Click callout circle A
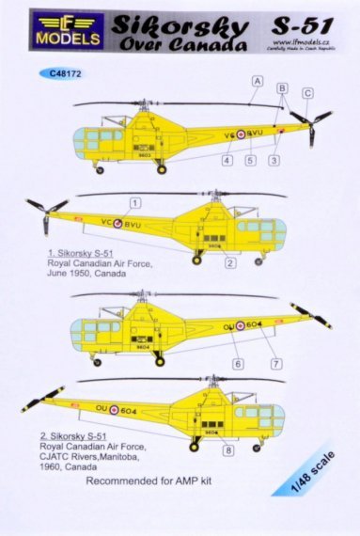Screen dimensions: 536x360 click(x=256, y=82)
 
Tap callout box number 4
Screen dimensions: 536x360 click(x=227, y=160)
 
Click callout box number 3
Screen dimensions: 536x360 click(x=273, y=160)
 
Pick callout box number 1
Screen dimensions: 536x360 click(x=135, y=203)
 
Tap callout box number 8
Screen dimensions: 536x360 click(x=227, y=449)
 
